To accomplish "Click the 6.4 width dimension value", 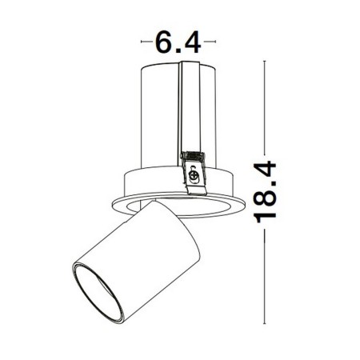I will (x=177, y=39).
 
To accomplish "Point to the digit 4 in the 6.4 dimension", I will (x=190, y=39).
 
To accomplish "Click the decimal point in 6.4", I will (x=176, y=48).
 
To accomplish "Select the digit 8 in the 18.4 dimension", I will (x=270, y=208).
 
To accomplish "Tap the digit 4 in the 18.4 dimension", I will (x=270, y=170).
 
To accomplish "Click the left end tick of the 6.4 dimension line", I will (x=142, y=39).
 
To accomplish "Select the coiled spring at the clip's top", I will (x=192, y=155).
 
